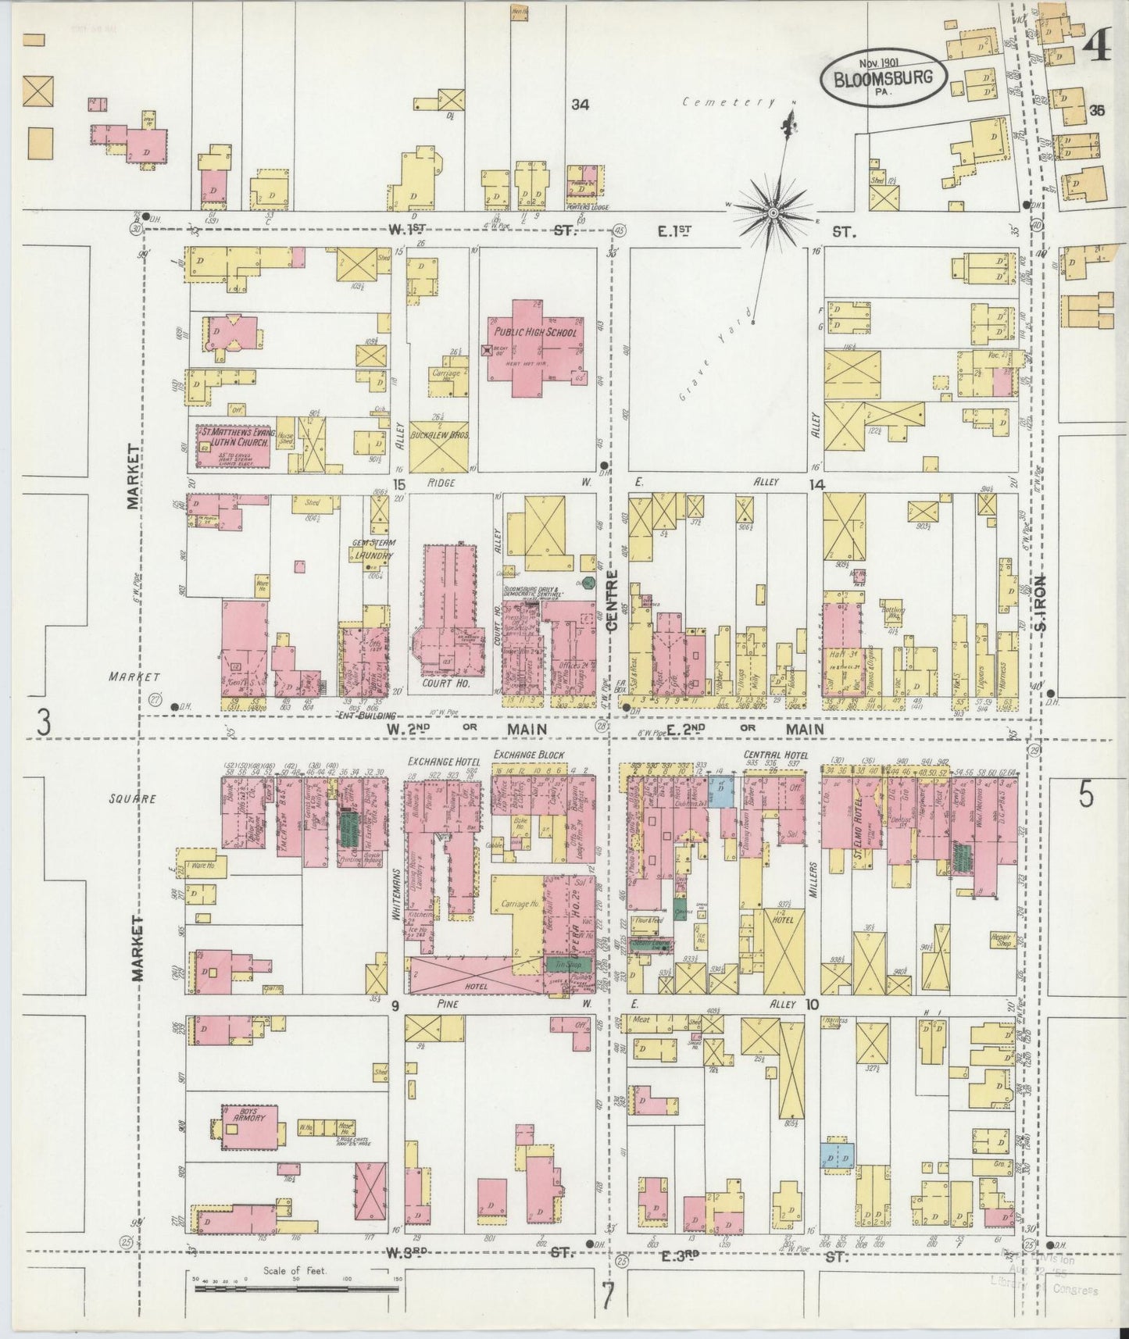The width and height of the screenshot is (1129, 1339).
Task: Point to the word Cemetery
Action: [727, 102]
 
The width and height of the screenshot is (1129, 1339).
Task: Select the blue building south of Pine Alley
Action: [836, 1155]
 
